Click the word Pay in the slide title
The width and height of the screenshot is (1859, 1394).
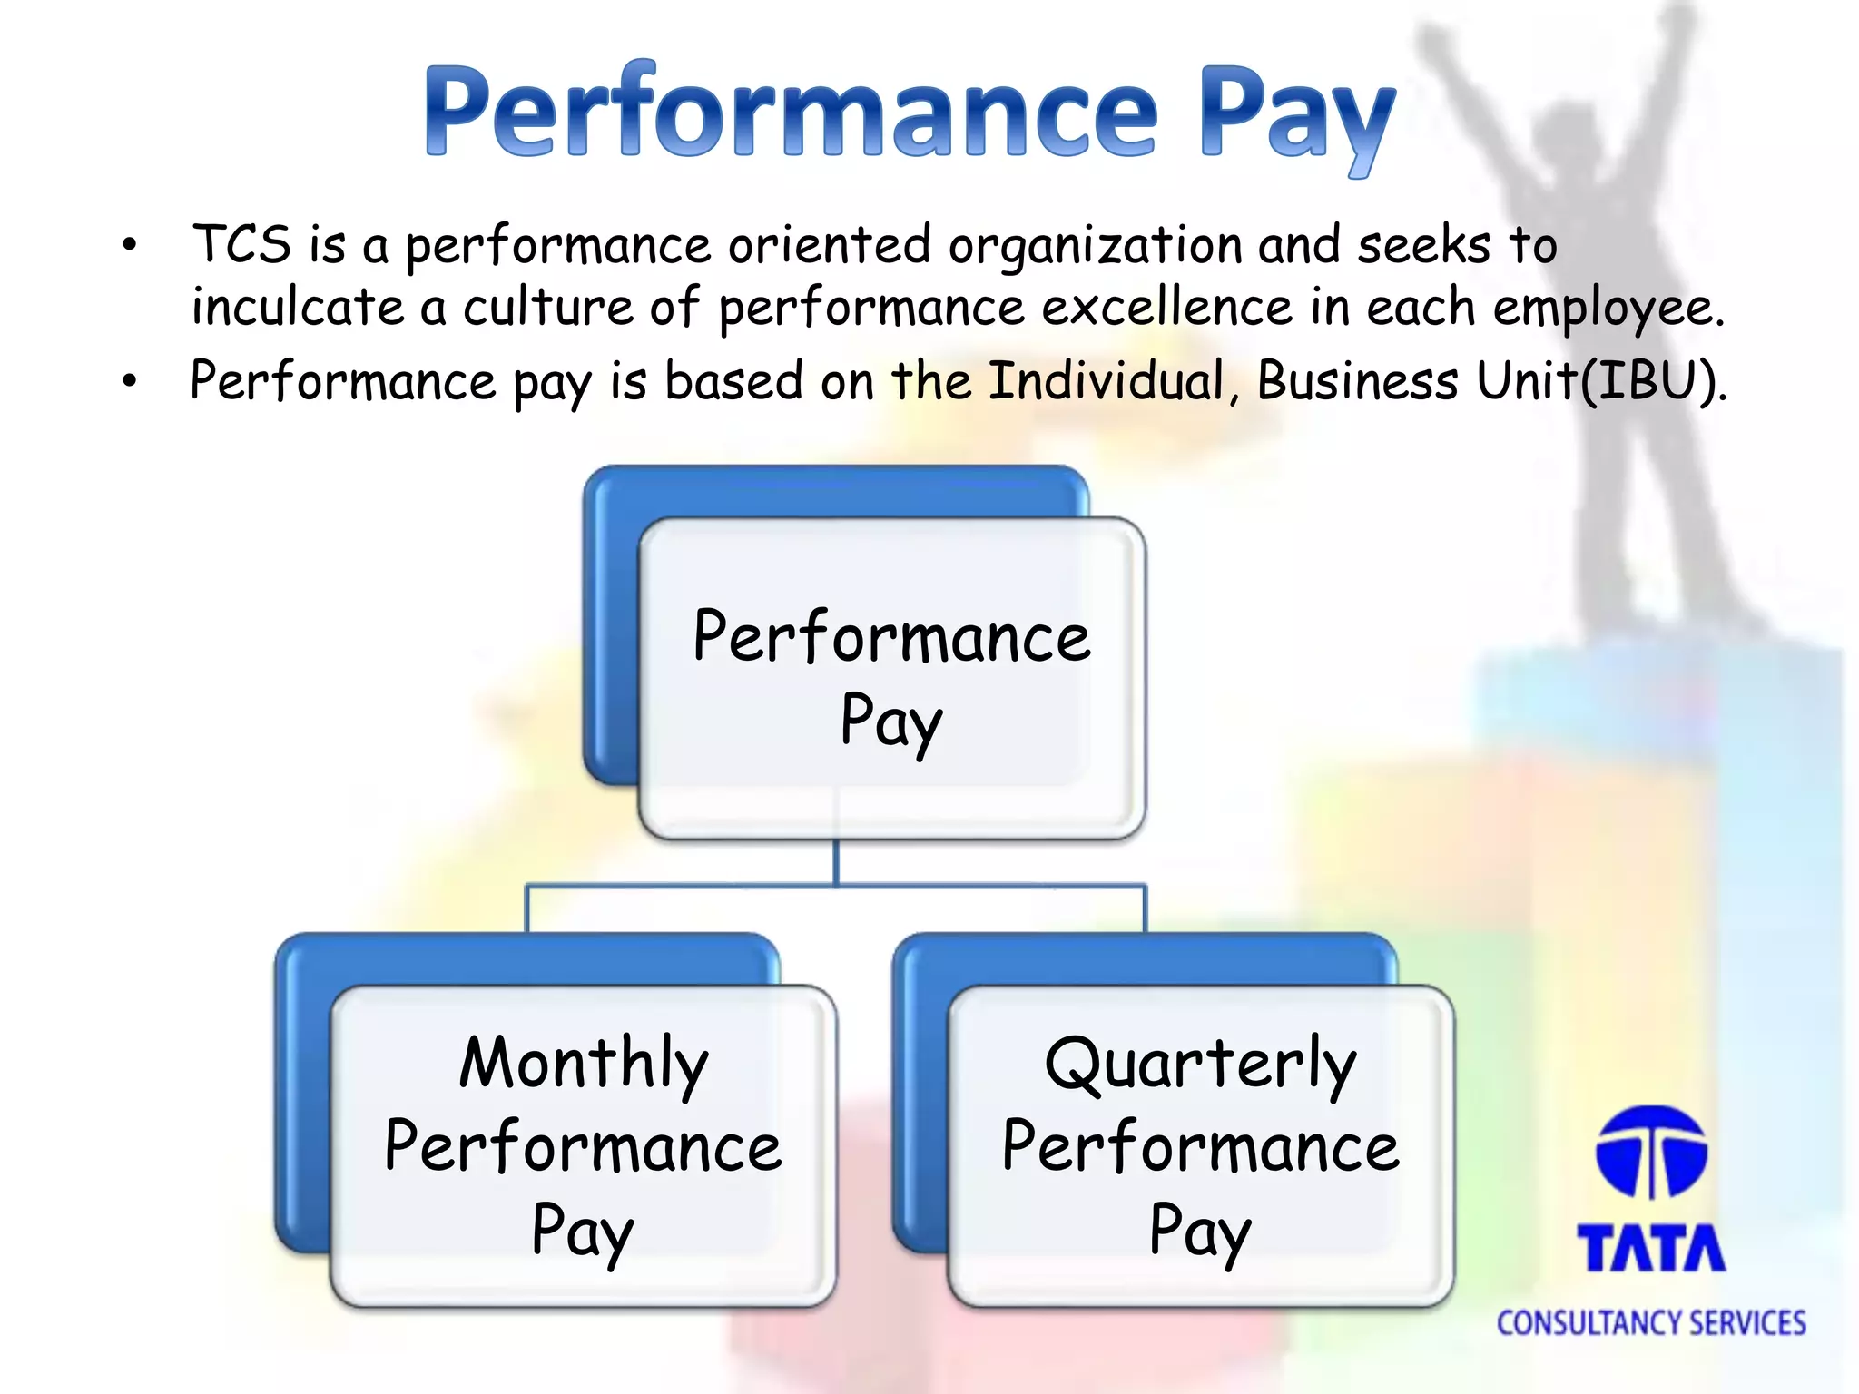(x=1295, y=118)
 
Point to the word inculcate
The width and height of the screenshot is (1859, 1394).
(x=297, y=307)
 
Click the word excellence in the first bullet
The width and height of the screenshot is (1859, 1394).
(x=1166, y=307)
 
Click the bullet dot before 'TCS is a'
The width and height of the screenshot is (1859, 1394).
(x=131, y=245)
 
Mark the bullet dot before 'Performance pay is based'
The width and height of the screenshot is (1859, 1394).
(x=131, y=381)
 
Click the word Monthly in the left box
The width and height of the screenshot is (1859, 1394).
(x=583, y=1064)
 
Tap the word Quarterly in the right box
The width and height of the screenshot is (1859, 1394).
(x=1200, y=1064)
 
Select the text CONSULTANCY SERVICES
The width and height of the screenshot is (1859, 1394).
(x=1651, y=1323)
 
